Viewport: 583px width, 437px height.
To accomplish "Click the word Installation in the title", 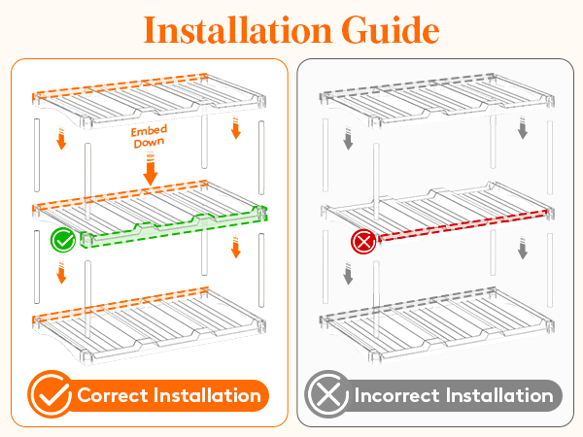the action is pyautogui.click(x=238, y=30).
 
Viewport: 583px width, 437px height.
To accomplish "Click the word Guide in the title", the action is pyautogui.click(x=391, y=30).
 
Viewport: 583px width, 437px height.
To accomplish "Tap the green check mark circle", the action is pyautogui.click(x=63, y=241).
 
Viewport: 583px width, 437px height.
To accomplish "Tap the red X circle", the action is pyautogui.click(x=363, y=242).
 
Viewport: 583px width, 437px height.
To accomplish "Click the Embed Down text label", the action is pyautogui.click(x=149, y=136).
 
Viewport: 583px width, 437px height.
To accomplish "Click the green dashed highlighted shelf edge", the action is pyautogui.click(x=174, y=227).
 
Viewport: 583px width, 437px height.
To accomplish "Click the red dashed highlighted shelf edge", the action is pyautogui.click(x=463, y=225).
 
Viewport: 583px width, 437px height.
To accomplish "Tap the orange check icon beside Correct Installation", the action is pyautogui.click(x=51, y=394).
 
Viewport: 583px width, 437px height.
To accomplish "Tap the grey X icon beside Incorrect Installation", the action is pyautogui.click(x=327, y=394).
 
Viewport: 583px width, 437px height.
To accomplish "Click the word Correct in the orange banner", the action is pyautogui.click(x=113, y=395).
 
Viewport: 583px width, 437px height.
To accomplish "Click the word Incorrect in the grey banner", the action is pyautogui.click(x=396, y=395).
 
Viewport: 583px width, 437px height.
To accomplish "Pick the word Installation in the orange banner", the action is pyautogui.click(x=208, y=395).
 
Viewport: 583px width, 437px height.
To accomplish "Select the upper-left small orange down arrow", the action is pyautogui.click(x=61, y=139).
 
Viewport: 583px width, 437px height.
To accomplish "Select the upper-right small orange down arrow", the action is pyautogui.click(x=236, y=127).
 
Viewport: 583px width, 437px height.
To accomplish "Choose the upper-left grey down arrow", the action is pyautogui.click(x=348, y=139).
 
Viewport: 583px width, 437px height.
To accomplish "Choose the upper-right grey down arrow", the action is pyautogui.click(x=523, y=127).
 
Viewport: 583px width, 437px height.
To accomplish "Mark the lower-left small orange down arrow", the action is pyautogui.click(x=61, y=272).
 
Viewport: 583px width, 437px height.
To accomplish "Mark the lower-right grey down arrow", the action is pyautogui.click(x=523, y=248).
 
